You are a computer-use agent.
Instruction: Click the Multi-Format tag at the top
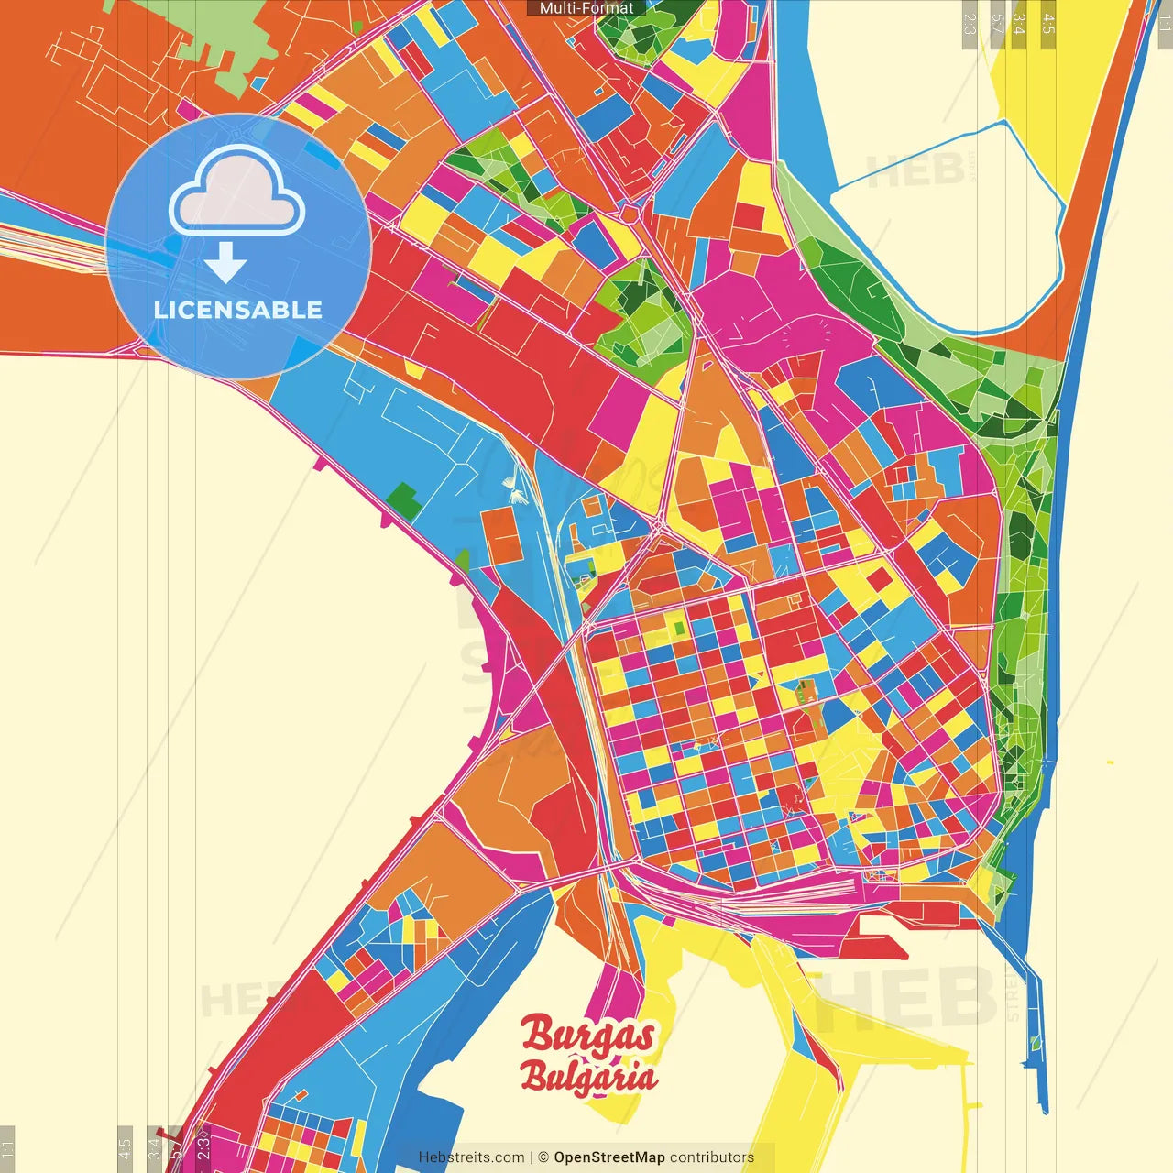click(586, 8)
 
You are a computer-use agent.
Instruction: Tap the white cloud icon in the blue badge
click(237, 190)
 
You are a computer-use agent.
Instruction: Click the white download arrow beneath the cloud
click(225, 264)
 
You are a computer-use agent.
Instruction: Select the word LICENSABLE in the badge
click(238, 310)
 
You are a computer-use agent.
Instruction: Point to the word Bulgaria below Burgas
click(588, 1076)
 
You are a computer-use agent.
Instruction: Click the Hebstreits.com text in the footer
click(471, 1157)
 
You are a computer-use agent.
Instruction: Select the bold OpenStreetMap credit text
click(608, 1157)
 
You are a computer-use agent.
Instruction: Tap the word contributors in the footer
click(712, 1157)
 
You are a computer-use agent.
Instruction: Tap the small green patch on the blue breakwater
click(1036, 1043)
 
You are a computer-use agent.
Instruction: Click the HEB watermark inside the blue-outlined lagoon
click(915, 170)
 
